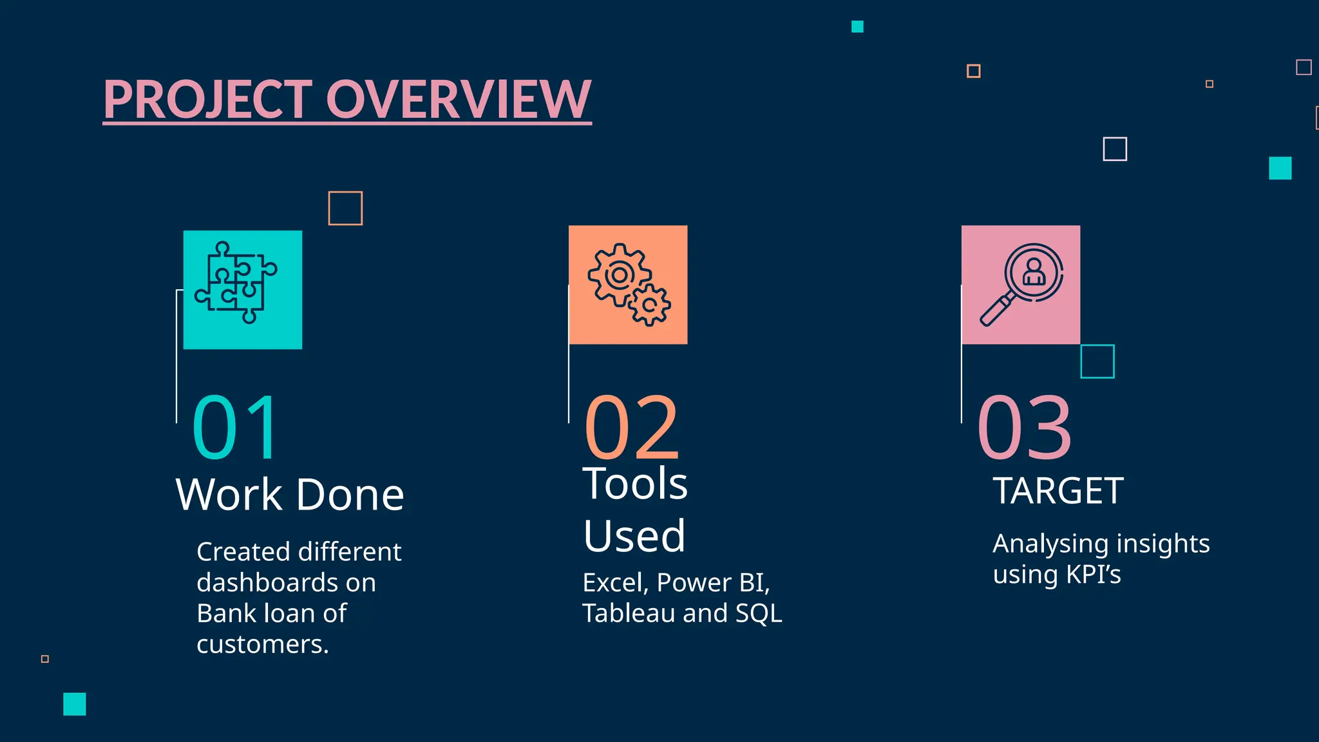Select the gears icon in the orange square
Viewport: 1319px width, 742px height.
click(628, 284)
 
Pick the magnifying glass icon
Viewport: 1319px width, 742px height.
click(1021, 284)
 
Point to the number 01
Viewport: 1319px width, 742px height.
click(236, 428)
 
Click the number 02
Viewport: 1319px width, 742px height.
click(631, 428)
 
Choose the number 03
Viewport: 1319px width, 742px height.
click(1024, 428)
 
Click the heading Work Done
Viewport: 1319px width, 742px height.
click(290, 495)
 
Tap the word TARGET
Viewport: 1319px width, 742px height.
click(1058, 491)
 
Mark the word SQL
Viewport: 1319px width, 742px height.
click(759, 613)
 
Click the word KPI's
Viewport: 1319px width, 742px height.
click(1093, 575)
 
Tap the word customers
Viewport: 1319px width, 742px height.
click(262, 644)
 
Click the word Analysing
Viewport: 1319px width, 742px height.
click(1050, 544)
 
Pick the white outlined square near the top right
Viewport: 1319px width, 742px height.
click(1115, 149)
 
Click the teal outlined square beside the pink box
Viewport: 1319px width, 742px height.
click(1097, 361)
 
